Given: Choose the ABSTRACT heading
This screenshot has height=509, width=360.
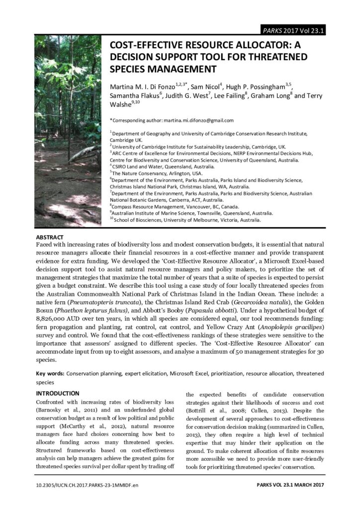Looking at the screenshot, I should (50, 237).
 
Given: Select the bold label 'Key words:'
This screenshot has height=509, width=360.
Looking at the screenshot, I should (50, 373).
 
